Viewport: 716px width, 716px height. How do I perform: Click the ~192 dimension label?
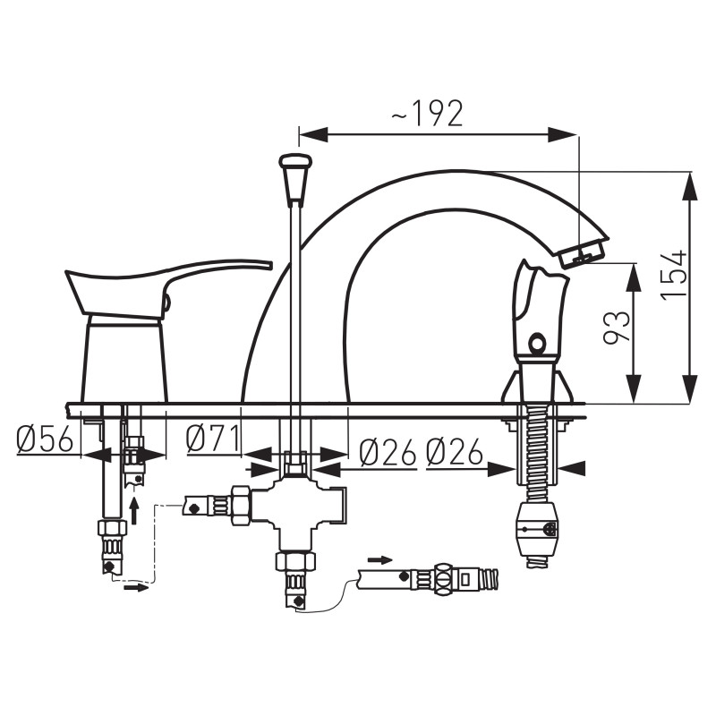(428, 114)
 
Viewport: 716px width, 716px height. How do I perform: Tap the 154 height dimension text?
(675, 274)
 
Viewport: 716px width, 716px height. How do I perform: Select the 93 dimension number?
(617, 328)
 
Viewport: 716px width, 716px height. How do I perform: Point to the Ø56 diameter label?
(45, 439)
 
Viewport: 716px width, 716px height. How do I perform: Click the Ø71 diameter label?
(213, 439)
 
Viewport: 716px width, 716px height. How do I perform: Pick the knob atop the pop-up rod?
(296, 178)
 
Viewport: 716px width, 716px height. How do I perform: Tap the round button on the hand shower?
(536, 342)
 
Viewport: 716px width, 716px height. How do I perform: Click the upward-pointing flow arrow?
(134, 511)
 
